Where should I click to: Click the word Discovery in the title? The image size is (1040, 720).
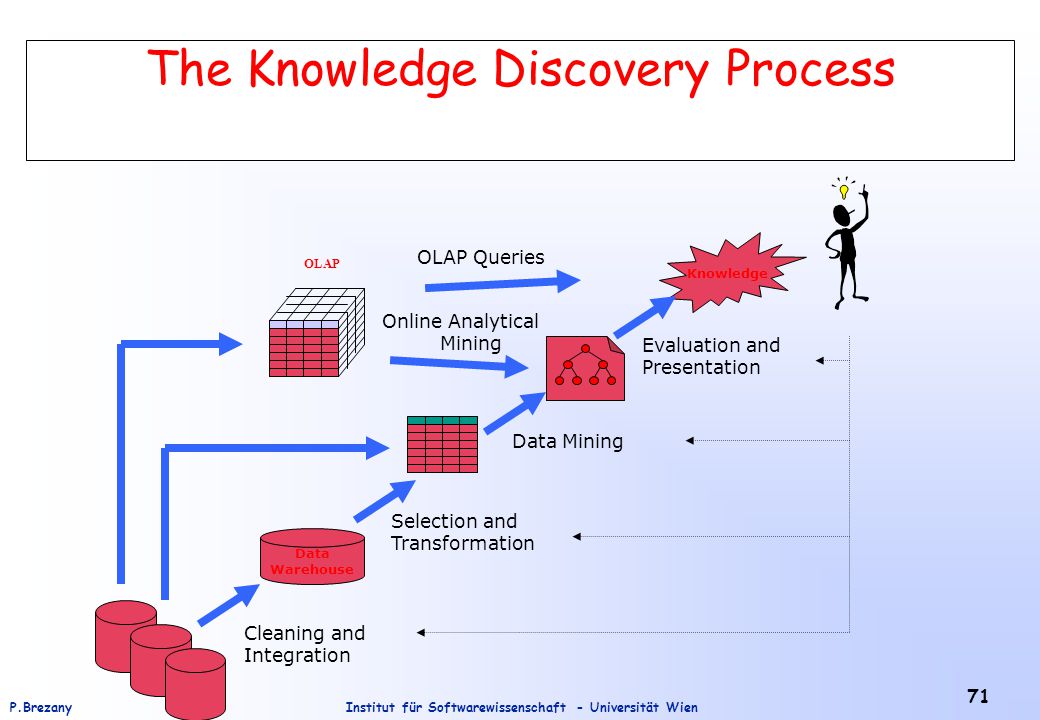601,70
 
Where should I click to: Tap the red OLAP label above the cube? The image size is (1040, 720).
322,264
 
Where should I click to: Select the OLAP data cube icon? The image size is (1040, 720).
317,332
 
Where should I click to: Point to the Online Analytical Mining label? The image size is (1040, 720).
460,332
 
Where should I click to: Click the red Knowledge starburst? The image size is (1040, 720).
731,273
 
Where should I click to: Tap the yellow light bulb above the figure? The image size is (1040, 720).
844,192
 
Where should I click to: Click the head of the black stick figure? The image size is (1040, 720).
842,215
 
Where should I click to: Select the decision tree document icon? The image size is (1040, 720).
585,368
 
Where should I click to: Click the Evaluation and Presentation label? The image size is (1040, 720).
711,356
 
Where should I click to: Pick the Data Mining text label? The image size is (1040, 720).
568,442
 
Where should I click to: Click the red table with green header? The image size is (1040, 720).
442,444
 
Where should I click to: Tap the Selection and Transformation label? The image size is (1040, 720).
462,532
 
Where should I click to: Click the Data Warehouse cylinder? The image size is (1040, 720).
312,556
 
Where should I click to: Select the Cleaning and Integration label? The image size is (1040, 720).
304,644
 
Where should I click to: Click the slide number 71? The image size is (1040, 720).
978,696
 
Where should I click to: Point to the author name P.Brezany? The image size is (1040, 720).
40,707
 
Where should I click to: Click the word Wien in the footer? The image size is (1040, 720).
682,707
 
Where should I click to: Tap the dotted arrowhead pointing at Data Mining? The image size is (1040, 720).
690,440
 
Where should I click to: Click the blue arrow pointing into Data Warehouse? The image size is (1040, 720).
228,605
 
